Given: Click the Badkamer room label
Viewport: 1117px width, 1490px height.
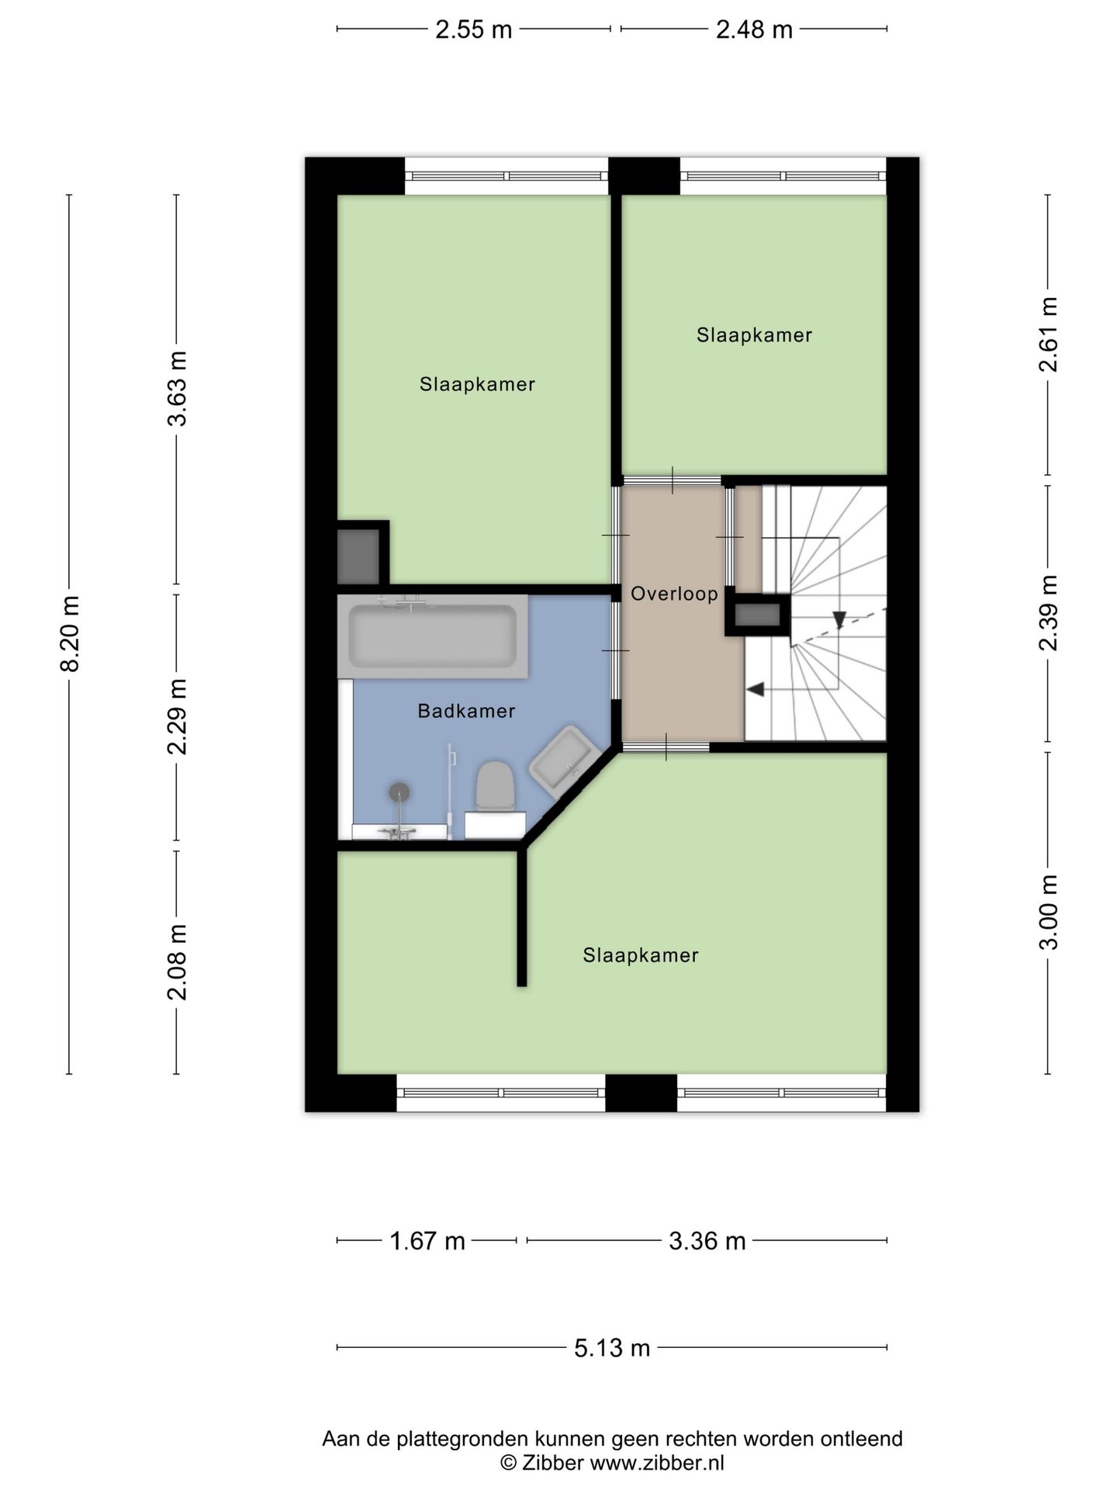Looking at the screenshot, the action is [466, 711].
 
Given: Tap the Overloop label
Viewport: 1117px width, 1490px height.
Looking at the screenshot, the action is [674, 594].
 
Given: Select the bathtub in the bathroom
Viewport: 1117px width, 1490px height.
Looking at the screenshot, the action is [433, 636].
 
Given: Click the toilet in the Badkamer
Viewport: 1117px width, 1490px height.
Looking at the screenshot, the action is [495, 785].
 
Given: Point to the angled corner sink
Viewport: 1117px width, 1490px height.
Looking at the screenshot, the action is [564, 761].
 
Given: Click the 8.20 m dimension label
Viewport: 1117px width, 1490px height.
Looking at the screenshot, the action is [70, 634].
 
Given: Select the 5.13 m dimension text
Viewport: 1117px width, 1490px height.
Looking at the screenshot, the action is [612, 1348].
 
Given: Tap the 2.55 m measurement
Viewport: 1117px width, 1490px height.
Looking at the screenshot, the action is [474, 29].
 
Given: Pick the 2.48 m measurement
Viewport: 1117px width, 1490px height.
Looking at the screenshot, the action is [754, 29].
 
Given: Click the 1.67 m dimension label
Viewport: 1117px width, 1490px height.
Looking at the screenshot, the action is [427, 1241].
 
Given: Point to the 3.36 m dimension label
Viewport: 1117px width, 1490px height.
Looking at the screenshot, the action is [707, 1241].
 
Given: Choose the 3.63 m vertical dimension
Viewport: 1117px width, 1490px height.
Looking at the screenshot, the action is [178, 389].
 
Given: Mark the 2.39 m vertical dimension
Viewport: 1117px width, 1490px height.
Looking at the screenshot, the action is [1049, 613].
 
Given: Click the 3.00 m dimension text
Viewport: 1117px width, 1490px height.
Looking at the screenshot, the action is [1049, 913].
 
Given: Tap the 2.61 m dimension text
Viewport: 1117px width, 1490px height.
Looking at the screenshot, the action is [1049, 334].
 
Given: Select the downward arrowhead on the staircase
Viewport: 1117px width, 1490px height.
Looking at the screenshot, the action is [839, 619].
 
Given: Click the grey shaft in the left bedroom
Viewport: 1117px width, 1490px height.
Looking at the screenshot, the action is [358, 556].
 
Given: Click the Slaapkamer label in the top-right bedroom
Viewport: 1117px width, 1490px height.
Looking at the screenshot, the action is [754, 335].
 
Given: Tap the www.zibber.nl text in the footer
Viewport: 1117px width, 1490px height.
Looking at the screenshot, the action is [657, 1463].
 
